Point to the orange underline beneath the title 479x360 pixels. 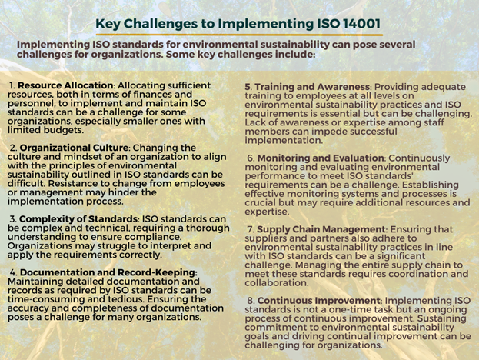pyautogui.click(x=239, y=35)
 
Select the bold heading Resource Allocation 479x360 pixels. pyautogui.click(x=65, y=85)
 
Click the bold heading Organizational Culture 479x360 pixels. pyautogui.click(x=74, y=148)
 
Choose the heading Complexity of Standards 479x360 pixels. pyautogui.click(x=78, y=218)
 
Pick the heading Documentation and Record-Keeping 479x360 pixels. pyautogui.click(x=108, y=272)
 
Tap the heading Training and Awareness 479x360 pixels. pyautogui.click(x=312, y=87)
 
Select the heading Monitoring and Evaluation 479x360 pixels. pyautogui.click(x=321, y=158)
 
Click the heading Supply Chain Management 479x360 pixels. pyautogui.click(x=321, y=229)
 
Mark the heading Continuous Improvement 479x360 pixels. pyautogui.click(x=318, y=301)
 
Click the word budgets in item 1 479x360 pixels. pyautogui.click(x=63, y=130)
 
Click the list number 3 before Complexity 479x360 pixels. pyautogui.click(x=13, y=218)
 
